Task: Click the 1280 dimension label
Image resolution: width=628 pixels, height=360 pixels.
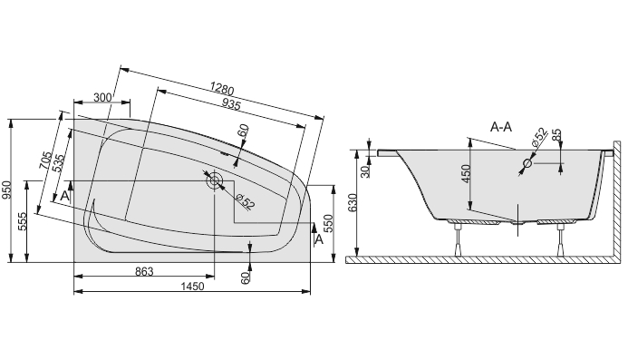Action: click(221, 89)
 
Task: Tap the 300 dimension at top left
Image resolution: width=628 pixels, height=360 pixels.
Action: click(101, 97)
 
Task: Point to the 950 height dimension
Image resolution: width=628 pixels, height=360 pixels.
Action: click(5, 190)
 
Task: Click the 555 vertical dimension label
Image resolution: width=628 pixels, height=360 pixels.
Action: click(22, 221)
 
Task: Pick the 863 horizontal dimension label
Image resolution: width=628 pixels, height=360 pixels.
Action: click(144, 271)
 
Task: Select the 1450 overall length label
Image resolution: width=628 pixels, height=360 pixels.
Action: click(192, 287)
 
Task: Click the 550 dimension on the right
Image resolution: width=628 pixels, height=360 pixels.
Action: click(328, 224)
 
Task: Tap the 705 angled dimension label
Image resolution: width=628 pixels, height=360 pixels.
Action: click(45, 160)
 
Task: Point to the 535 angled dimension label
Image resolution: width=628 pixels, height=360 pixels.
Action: click(57, 163)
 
